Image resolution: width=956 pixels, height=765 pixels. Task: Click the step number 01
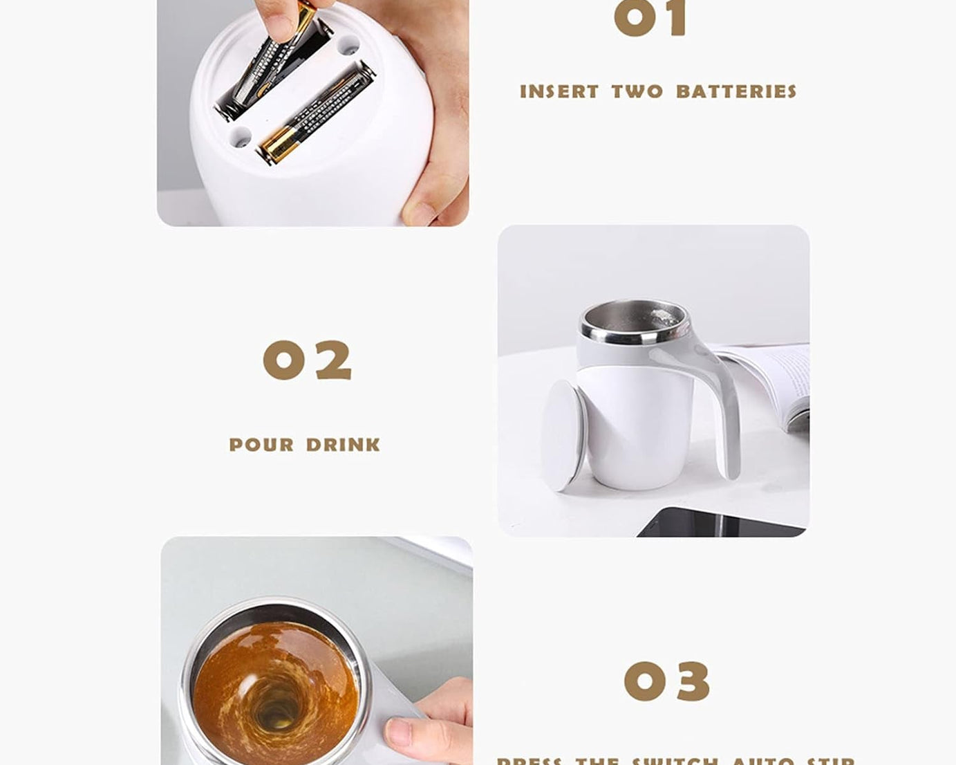point(650,19)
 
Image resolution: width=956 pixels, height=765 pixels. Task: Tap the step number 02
point(308,360)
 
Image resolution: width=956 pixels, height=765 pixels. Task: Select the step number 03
point(666,681)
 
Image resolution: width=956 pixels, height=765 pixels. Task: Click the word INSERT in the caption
point(559,92)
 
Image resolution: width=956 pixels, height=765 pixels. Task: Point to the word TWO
point(637,92)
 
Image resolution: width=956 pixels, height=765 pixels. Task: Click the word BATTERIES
point(736,92)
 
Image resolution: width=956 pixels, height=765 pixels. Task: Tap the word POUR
point(261,445)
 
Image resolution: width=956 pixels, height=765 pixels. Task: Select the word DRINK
point(344,445)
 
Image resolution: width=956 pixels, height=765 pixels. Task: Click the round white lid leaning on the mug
point(563,436)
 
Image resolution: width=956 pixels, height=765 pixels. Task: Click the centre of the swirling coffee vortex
point(277,712)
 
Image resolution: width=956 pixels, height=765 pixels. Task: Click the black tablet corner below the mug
point(719,523)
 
